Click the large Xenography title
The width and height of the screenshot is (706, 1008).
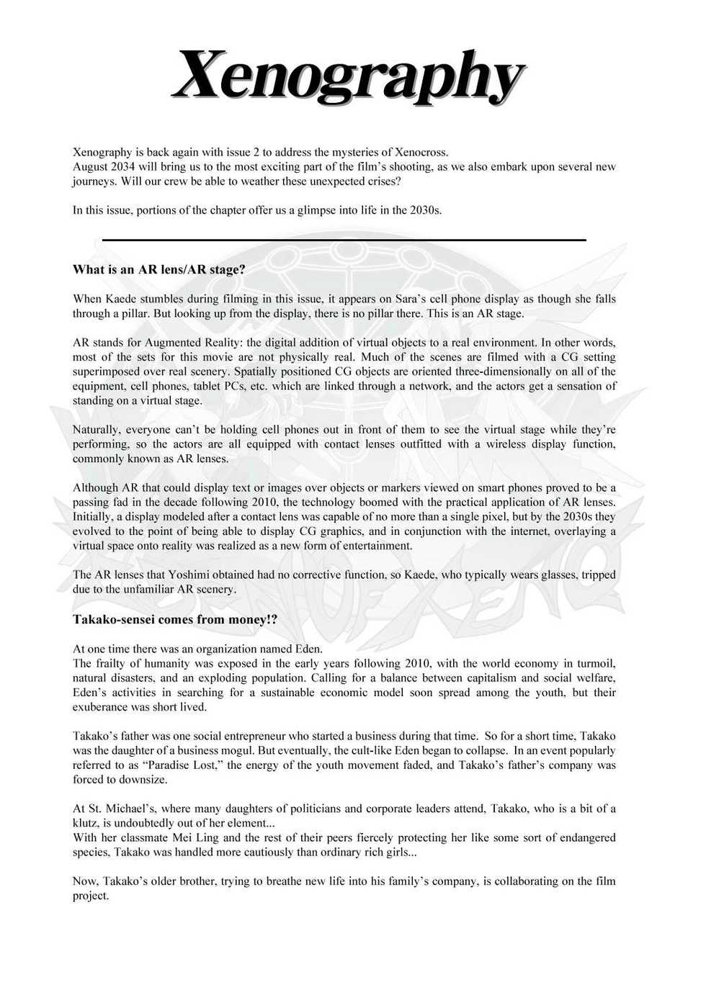point(349,78)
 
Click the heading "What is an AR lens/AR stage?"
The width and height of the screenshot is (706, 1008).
point(158,270)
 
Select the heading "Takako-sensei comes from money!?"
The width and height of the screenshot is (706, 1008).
point(175,620)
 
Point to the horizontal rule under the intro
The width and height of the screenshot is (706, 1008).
point(344,240)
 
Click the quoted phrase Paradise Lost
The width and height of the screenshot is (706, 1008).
point(182,765)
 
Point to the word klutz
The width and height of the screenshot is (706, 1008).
point(86,823)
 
